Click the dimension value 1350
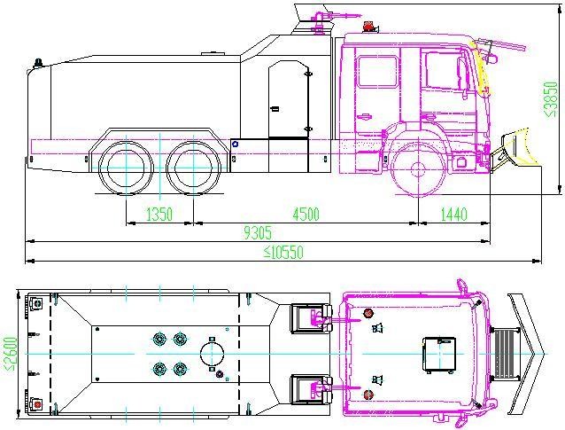pyautogui.click(x=146, y=214)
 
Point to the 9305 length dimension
pyautogui.click(x=258, y=233)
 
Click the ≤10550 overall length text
pyautogui.click(x=283, y=253)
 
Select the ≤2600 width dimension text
pyautogui.click(x=10, y=354)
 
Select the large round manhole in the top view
pyautogui.click(x=212, y=355)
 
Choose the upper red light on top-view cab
pyautogui.click(x=368, y=313)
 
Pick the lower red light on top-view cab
pyautogui.click(x=368, y=394)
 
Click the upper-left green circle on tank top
pyautogui.click(x=160, y=338)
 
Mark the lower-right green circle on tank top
pyautogui.click(x=181, y=370)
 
